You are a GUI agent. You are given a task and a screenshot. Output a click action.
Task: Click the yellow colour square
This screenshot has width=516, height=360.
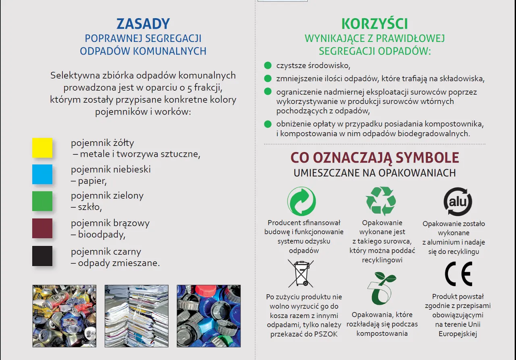[42, 148]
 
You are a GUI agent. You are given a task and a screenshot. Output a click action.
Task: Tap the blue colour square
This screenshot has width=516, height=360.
[42, 174]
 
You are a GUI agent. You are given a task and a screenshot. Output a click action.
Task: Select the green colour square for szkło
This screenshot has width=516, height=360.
[42, 201]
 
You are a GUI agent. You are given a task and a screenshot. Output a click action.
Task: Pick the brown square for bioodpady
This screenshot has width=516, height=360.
[42, 228]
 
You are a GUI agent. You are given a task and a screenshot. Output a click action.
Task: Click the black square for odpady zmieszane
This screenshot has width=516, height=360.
[42, 256]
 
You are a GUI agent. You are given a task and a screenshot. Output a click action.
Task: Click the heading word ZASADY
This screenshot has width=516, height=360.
[143, 24]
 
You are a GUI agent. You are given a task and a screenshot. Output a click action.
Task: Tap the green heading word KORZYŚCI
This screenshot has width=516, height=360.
[375, 24]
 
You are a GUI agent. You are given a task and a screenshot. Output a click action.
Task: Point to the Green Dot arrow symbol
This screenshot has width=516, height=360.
[302, 201]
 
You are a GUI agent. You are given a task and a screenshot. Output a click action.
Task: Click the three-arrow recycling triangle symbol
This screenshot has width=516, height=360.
[381, 201]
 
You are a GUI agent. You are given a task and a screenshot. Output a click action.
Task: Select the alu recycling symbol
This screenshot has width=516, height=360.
[458, 201]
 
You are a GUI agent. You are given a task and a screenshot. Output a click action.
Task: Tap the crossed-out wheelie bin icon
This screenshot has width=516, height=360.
[301, 273]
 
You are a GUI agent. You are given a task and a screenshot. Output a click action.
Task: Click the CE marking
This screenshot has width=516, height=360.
[458, 274]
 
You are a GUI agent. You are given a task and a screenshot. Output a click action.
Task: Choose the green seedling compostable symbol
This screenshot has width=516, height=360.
[381, 288]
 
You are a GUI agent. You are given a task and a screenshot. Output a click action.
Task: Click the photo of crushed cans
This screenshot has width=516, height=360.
[64, 316]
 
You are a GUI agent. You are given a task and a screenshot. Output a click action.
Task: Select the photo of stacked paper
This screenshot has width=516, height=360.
[137, 316]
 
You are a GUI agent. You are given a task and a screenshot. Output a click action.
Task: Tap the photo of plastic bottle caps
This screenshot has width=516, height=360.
[208, 316]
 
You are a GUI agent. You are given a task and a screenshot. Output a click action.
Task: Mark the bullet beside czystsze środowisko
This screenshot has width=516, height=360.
[268, 65]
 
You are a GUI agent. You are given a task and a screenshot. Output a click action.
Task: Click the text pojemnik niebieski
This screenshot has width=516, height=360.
[111, 169]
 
